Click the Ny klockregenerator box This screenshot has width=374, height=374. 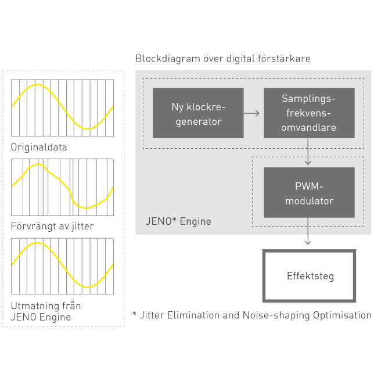click(x=198, y=113)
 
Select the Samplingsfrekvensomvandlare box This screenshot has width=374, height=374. click(x=308, y=113)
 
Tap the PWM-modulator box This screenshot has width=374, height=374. click(x=308, y=193)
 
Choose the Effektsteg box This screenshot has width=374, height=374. click(x=308, y=276)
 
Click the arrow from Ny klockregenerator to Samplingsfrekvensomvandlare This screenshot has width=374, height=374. click(x=251, y=113)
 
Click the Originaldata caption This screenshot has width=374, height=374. click(x=39, y=147)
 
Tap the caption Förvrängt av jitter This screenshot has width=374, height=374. click(x=52, y=225)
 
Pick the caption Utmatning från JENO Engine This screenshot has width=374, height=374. click(x=46, y=311)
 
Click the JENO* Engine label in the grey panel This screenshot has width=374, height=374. click(x=178, y=221)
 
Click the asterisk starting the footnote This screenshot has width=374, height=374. click(x=134, y=314)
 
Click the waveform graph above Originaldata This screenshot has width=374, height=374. click(x=63, y=107)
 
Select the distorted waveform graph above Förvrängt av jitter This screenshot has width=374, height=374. click(x=63, y=186)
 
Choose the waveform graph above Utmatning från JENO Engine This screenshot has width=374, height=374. click(x=63, y=265)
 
